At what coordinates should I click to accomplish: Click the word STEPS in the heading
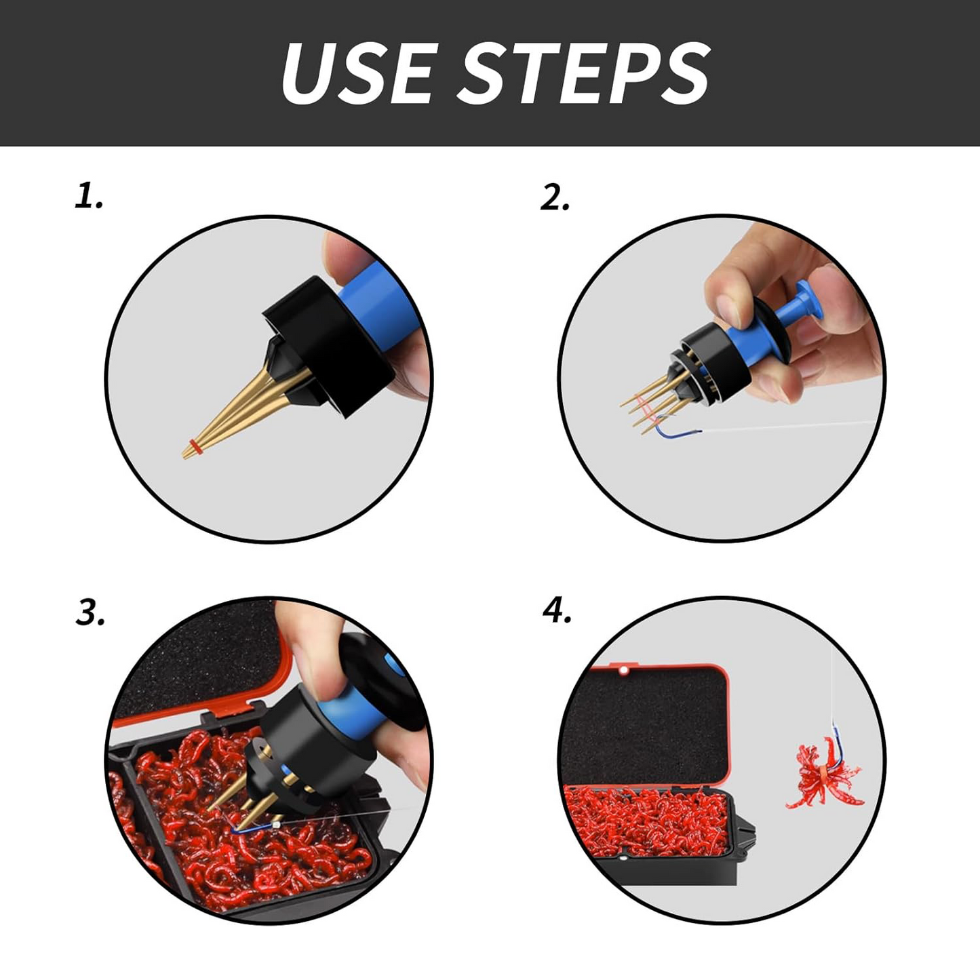tap(588, 73)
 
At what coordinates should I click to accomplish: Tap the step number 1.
tap(88, 197)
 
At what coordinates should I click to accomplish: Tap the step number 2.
tap(554, 198)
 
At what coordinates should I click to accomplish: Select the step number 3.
tap(90, 612)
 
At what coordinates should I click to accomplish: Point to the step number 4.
tap(557, 611)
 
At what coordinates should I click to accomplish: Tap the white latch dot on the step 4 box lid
tap(622, 670)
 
